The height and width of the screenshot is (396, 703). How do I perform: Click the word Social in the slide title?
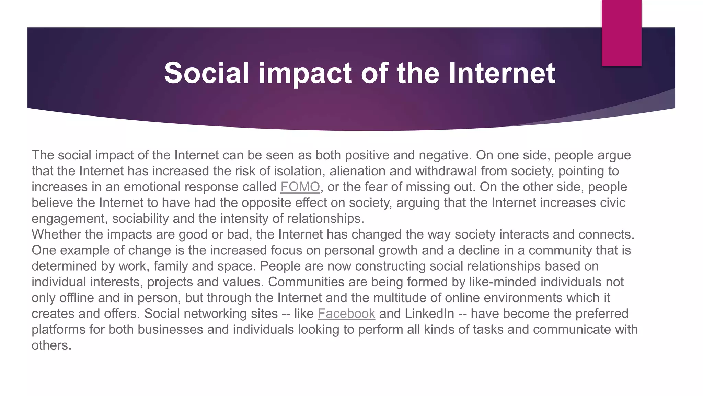click(x=206, y=73)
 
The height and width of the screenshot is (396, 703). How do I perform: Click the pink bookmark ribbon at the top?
click(x=621, y=33)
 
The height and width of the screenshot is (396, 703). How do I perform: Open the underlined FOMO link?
click(x=300, y=187)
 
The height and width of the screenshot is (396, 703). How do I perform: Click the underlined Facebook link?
click(x=346, y=313)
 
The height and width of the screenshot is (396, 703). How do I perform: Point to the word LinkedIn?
click(x=429, y=313)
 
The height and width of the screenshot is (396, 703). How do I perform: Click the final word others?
click(x=51, y=345)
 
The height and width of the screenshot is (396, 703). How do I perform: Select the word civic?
click(x=613, y=203)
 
